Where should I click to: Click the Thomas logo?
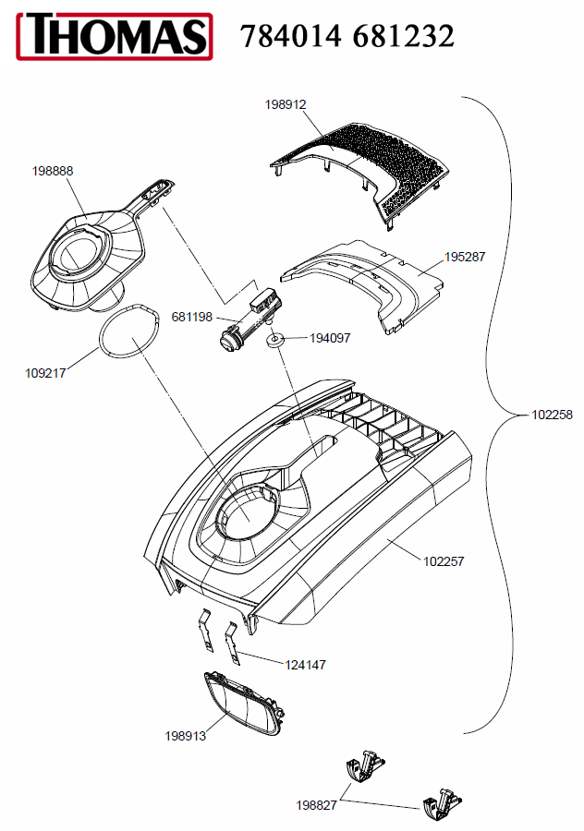[115, 36]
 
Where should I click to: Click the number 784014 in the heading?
[290, 37]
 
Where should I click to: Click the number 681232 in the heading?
[403, 37]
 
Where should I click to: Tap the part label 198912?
[286, 104]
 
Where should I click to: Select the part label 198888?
[53, 171]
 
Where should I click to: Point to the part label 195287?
[465, 257]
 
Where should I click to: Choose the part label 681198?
[191, 317]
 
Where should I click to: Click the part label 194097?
[330, 338]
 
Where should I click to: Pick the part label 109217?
[45, 373]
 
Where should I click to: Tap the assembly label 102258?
[553, 415]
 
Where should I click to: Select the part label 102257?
[444, 561]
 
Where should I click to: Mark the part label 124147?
[306, 665]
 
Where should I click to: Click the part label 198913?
[185, 736]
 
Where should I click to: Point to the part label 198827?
[316, 805]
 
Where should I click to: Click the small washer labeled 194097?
[274, 340]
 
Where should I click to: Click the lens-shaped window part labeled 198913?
[244, 704]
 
